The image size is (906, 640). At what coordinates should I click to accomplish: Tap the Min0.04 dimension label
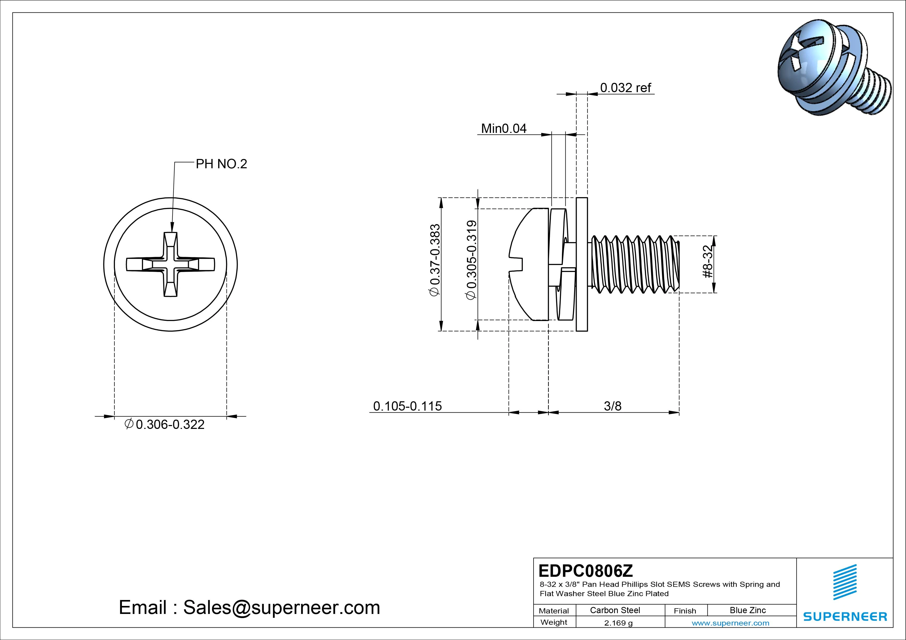[x=504, y=129]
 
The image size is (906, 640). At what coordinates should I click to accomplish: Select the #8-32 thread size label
[x=708, y=261]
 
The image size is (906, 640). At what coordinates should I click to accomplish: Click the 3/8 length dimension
[x=612, y=406]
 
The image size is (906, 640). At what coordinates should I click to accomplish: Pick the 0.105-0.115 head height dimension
[x=407, y=406]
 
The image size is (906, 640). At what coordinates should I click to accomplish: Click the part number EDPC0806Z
[x=585, y=571]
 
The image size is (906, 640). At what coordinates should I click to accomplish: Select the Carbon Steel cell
[x=615, y=610]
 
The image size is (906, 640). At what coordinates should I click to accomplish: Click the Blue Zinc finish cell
[x=747, y=610]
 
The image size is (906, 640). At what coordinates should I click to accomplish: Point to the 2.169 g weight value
[x=618, y=623]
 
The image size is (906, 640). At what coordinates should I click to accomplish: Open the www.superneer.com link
[x=730, y=623]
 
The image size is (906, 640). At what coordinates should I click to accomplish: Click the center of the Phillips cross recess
[x=170, y=264]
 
